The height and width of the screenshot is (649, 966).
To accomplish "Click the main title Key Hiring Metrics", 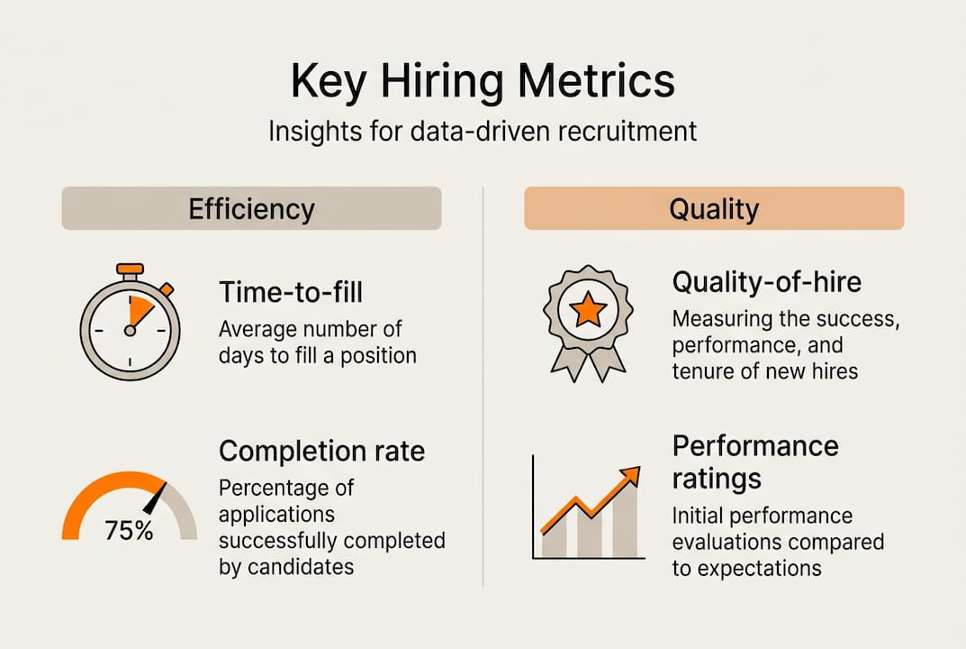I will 483,82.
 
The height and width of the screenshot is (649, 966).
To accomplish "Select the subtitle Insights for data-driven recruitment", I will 483,131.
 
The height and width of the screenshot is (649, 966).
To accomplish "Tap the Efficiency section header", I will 251,208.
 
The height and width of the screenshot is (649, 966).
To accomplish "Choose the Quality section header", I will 714,209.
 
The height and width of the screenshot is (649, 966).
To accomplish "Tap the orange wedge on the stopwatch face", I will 140,311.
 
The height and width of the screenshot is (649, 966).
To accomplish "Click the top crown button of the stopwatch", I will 131,269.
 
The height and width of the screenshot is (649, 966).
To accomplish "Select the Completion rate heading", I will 321,450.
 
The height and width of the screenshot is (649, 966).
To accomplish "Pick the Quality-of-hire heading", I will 766,282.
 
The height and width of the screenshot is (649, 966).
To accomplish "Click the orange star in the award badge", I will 587,311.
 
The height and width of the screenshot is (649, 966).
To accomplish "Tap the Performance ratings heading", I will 754,460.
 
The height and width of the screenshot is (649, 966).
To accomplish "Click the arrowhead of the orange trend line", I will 631,474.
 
